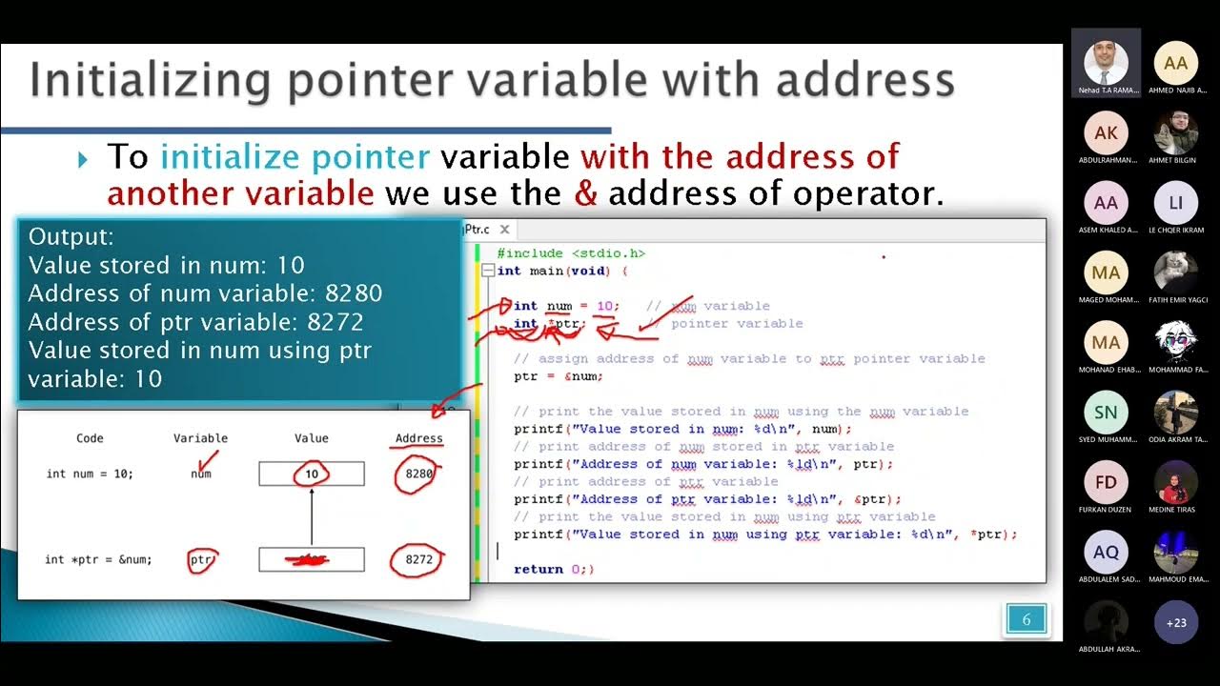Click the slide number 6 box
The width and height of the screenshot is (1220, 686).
(x=1027, y=619)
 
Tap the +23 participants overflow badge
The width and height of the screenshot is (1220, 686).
(x=1176, y=622)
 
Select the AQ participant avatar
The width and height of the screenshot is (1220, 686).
(x=1106, y=553)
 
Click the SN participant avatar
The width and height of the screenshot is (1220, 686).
(x=1106, y=413)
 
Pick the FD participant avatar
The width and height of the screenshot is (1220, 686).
(x=1106, y=483)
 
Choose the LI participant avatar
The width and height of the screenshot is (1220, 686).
(x=1176, y=203)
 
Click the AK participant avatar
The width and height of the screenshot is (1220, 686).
(x=1106, y=133)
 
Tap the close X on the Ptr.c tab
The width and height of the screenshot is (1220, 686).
(x=504, y=230)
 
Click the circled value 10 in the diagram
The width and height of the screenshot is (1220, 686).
(x=312, y=474)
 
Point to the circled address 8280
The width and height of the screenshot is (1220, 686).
(x=419, y=474)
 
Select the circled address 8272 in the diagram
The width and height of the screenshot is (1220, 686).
(x=419, y=559)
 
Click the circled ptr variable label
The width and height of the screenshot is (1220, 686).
(x=201, y=560)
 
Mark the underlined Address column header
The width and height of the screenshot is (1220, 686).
(x=419, y=438)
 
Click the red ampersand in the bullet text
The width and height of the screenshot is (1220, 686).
(x=586, y=193)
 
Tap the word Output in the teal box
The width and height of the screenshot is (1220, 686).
(x=71, y=236)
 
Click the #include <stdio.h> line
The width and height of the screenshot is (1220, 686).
(x=571, y=253)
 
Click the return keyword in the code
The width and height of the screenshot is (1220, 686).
(x=539, y=569)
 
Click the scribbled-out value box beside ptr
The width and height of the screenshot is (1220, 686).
(x=312, y=559)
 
